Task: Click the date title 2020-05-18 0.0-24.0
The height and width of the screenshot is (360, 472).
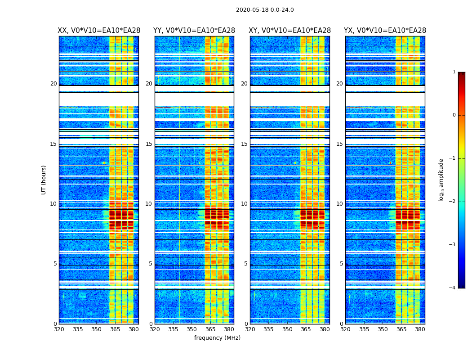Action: point(265,10)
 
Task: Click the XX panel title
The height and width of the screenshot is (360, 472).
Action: point(99,31)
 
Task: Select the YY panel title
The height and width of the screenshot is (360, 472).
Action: point(194,31)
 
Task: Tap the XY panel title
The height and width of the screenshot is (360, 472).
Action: point(290,31)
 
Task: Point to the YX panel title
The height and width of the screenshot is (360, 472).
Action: point(385,31)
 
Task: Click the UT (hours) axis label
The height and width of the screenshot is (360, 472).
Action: point(44,180)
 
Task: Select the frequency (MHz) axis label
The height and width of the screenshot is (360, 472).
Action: point(217,338)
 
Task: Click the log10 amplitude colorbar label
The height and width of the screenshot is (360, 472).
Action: point(441,180)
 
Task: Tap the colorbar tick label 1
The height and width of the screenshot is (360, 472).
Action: point(454,72)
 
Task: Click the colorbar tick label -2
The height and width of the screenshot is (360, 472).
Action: point(453,202)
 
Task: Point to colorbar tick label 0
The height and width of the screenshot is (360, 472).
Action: point(454,115)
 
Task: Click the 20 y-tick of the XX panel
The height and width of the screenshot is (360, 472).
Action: point(53,84)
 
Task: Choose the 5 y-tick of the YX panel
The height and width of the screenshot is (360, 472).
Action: point(341,264)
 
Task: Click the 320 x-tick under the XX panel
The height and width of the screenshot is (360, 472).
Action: point(59,329)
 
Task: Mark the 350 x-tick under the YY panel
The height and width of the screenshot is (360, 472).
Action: point(192,329)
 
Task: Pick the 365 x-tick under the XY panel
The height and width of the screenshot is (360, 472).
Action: point(306,329)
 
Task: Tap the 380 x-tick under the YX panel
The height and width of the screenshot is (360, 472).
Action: point(420,329)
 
